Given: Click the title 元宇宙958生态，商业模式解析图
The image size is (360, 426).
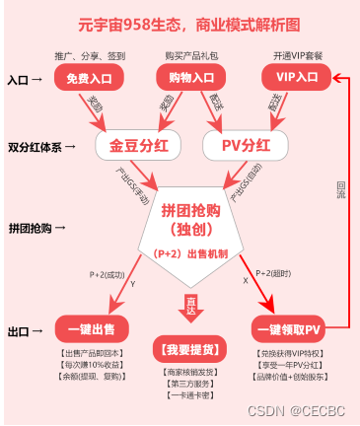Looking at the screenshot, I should point(180,21).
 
